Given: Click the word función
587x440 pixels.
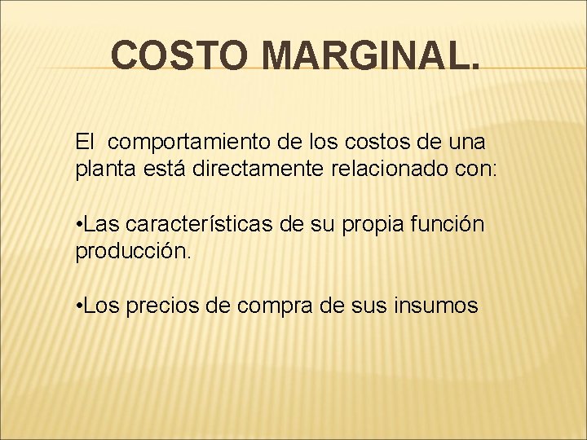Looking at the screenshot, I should pyautogui.click(x=456, y=223).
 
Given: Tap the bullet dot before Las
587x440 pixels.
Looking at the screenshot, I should pyautogui.click(x=79, y=224).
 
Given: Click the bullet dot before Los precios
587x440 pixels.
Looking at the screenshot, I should pyautogui.click(x=79, y=306).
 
